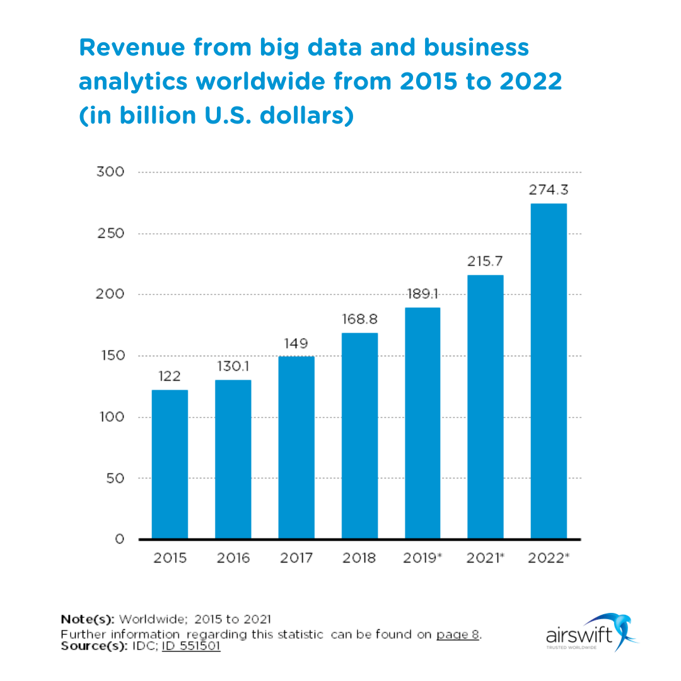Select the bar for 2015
170,464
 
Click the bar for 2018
359,436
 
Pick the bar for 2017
296,448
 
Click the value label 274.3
549,190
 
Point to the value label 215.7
485,261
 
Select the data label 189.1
422,294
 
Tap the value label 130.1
233,366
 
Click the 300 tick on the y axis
110,172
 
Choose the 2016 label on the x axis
233,558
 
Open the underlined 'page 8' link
458,634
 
